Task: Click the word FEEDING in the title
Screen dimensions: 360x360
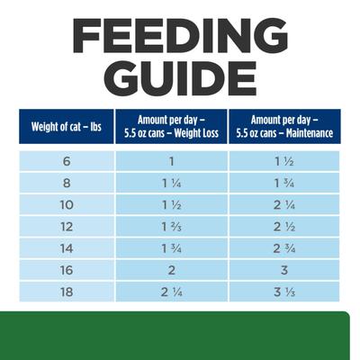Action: (180, 35)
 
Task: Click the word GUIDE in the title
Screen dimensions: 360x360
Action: (180, 78)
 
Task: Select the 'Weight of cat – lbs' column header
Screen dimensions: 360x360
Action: (63, 125)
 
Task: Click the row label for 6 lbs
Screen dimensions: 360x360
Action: (64, 161)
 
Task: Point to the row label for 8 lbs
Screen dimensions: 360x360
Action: (64, 183)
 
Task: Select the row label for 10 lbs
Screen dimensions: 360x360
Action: (64, 204)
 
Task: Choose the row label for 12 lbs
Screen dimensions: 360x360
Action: (64, 226)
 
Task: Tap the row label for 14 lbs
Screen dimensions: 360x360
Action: (64, 247)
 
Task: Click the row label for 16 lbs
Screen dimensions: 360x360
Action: (64, 269)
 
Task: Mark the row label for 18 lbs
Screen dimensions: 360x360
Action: (64, 291)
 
